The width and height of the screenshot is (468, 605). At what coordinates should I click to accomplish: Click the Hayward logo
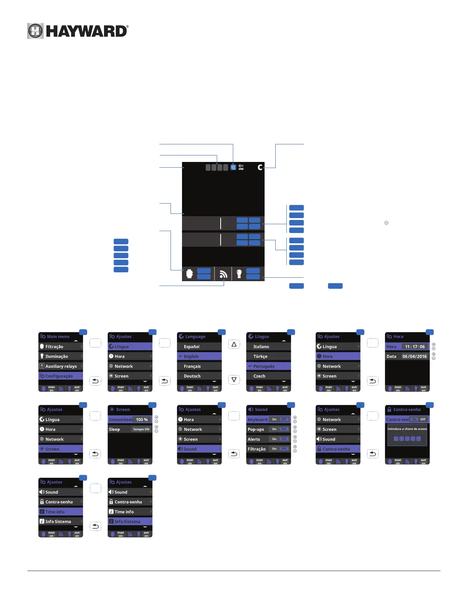[x=78, y=31]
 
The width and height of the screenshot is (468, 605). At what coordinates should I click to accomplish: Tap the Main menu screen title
[x=58, y=336]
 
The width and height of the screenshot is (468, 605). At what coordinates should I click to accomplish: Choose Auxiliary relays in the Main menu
[x=61, y=366]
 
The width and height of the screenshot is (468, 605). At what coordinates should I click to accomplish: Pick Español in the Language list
[x=192, y=346]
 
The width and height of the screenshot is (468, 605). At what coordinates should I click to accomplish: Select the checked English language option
[x=191, y=356]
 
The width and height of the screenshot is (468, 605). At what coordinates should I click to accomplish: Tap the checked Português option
[x=264, y=366]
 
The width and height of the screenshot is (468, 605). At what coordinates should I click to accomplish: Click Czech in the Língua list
[x=259, y=376]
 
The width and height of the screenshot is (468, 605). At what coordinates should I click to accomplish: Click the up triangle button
[x=234, y=345]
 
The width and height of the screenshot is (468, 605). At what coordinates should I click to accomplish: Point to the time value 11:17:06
[x=415, y=347]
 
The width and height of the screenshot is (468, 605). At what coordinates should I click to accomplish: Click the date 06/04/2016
[x=414, y=356]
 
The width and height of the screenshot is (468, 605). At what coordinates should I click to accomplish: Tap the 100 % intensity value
[x=142, y=419]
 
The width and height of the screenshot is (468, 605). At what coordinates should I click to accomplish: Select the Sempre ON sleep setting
[x=141, y=429]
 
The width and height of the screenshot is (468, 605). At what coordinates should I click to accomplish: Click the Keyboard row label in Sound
[x=257, y=419]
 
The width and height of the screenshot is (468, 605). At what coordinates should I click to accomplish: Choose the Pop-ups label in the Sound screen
[x=256, y=429]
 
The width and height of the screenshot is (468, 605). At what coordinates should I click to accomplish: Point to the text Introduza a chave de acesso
[x=407, y=429]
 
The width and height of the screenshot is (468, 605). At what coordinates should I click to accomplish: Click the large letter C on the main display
[x=260, y=167]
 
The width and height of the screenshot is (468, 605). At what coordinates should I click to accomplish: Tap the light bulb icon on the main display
[x=239, y=273]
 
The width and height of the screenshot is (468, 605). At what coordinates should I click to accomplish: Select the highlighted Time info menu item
[x=55, y=512]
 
